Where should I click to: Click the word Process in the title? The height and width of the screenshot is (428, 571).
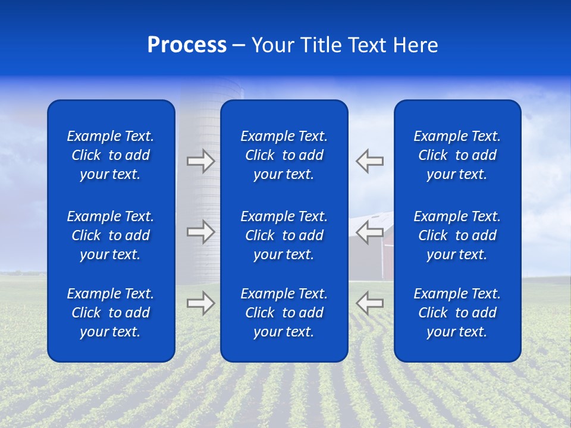click(x=187, y=45)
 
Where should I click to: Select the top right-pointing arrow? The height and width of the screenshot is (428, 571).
click(x=200, y=161)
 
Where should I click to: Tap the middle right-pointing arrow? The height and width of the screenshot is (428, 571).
click(x=200, y=232)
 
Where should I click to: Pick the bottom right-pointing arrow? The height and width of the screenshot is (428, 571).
click(x=200, y=303)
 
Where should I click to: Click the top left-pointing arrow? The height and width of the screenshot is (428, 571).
click(x=369, y=161)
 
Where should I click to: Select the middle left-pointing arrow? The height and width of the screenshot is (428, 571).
click(x=369, y=232)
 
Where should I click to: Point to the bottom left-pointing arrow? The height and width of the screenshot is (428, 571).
click(x=369, y=303)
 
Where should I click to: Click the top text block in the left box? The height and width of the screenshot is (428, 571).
click(x=111, y=155)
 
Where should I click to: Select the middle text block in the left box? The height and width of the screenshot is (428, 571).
click(x=111, y=235)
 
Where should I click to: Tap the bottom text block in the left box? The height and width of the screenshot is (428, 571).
click(x=111, y=313)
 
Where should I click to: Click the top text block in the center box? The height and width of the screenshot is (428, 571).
click(x=284, y=155)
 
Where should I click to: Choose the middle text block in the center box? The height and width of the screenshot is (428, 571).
click(x=284, y=235)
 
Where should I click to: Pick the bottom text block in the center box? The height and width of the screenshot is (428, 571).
click(x=284, y=313)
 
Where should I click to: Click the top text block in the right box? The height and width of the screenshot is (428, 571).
click(x=457, y=155)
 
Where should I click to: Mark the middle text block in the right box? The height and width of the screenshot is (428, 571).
click(x=457, y=235)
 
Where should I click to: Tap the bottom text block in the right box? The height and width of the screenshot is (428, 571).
click(x=457, y=313)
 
